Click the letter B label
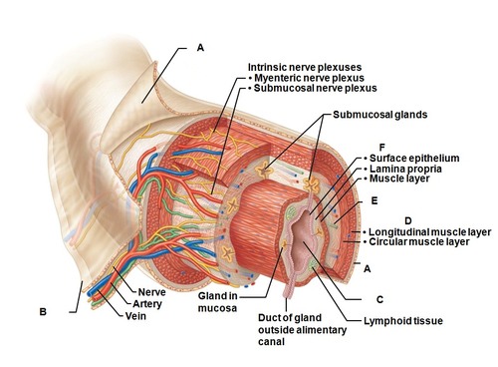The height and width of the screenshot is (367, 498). [x=43, y=312]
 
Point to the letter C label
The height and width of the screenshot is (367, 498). [x=379, y=298]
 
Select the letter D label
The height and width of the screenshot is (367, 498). [x=407, y=219]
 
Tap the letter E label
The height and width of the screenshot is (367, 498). [x=373, y=200]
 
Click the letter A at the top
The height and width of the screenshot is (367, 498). [x=200, y=47]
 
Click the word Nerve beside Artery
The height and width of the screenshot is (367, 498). [x=152, y=291]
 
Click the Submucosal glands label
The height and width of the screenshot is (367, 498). [x=379, y=115]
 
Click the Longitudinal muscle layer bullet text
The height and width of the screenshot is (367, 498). [x=429, y=231]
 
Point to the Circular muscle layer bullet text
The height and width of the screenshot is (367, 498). [x=419, y=242]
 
